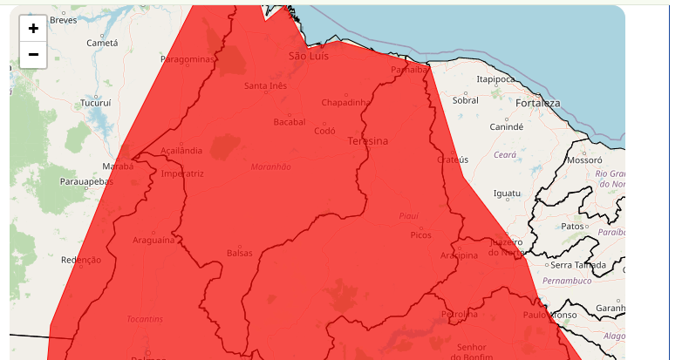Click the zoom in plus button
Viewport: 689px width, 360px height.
point(33,28)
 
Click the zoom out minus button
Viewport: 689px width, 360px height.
point(33,54)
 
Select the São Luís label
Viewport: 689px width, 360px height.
point(307,56)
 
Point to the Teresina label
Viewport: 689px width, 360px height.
point(368,140)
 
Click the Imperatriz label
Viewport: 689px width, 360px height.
point(182,173)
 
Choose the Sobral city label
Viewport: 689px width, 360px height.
point(465,100)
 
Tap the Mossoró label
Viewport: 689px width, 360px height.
point(584,160)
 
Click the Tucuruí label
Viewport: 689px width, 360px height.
point(96,103)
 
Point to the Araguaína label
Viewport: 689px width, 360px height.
point(153,240)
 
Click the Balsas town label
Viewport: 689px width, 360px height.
point(239,253)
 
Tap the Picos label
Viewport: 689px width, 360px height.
point(420,235)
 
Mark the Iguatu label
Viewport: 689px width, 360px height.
point(507,193)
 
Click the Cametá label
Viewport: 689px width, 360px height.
point(102,43)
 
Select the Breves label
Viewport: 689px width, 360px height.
point(63,19)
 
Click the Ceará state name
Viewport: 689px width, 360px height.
point(505,154)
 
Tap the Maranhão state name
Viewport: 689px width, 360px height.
point(270,166)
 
